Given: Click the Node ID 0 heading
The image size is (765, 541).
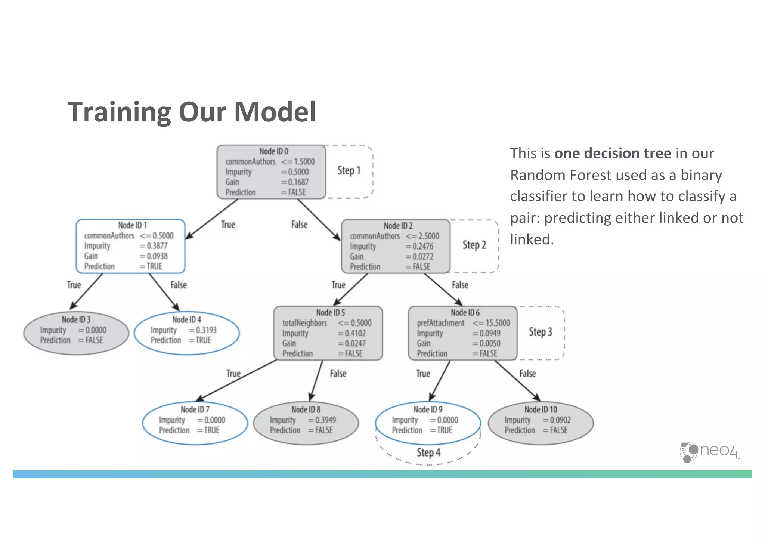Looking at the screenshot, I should (x=273, y=151).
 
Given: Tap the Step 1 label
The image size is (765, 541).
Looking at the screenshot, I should (x=349, y=171).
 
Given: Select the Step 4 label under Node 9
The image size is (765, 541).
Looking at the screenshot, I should (x=428, y=452).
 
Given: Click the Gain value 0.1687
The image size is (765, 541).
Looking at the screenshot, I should (x=298, y=182).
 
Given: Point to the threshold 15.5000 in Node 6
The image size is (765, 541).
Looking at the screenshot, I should (x=497, y=323).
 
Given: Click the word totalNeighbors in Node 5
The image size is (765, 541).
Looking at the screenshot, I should (x=304, y=323).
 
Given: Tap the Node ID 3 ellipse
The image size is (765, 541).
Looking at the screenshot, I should (x=76, y=333).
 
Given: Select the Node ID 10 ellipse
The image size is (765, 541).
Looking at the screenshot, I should (x=541, y=423).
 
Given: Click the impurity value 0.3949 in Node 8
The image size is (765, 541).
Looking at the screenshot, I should (x=325, y=420).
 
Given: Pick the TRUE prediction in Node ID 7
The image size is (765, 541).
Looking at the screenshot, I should (x=211, y=430).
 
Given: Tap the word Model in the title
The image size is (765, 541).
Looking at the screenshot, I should (x=275, y=112).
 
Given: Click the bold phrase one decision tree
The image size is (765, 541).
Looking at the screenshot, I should (x=613, y=154).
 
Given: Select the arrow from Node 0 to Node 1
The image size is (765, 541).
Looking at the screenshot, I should (x=211, y=219).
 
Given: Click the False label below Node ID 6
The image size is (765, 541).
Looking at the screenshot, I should (x=527, y=374).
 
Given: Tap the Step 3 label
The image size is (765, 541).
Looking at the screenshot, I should (x=540, y=332).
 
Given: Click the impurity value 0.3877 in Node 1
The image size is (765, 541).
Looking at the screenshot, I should (x=157, y=246).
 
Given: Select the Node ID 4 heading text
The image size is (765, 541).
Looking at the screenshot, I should (x=186, y=319).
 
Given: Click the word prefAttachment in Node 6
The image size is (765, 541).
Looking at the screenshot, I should (x=440, y=323).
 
